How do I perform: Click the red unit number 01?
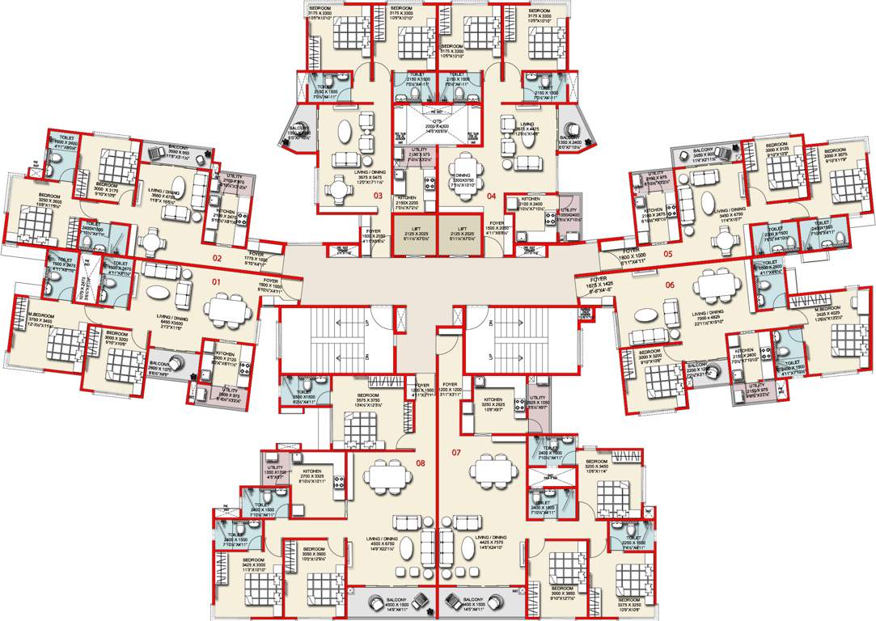click(x=216, y=281)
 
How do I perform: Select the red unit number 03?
click(x=377, y=196)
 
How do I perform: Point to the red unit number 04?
click(x=491, y=196)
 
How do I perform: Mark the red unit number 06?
click(x=671, y=285)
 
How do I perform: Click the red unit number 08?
click(x=420, y=463)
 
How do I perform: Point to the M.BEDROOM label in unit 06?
click(x=817, y=306)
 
